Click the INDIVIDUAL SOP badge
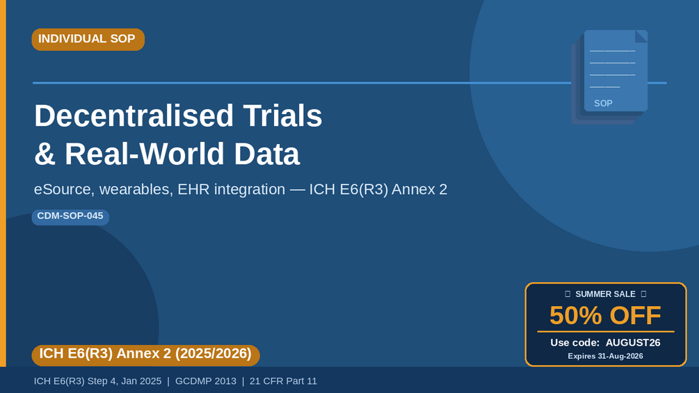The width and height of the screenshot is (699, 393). pyautogui.click(x=88, y=39)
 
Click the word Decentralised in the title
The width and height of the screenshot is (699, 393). pyautogui.click(x=134, y=115)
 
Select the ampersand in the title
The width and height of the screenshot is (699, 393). pyautogui.click(x=45, y=154)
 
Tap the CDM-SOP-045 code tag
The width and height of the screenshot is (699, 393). pyautogui.click(x=70, y=217)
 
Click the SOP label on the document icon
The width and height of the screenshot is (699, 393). pyautogui.click(x=603, y=104)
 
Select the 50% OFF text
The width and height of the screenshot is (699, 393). pyautogui.click(x=605, y=316)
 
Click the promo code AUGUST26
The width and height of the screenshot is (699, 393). pyautogui.click(x=632, y=343)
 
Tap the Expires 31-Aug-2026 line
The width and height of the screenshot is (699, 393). pyautogui.click(x=605, y=356)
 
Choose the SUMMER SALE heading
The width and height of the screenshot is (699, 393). pyautogui.click(x=605, y=294)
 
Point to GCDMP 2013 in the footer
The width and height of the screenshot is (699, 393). pyautogui.click(x=205, y=381)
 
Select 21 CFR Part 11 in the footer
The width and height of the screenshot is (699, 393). pyautogui.click(x=283, y=381)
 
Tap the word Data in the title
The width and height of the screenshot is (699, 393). pyautogui.click(x=266, y=154)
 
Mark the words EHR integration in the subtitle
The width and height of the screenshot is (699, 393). pyautogui.click(x=232, y=189)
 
